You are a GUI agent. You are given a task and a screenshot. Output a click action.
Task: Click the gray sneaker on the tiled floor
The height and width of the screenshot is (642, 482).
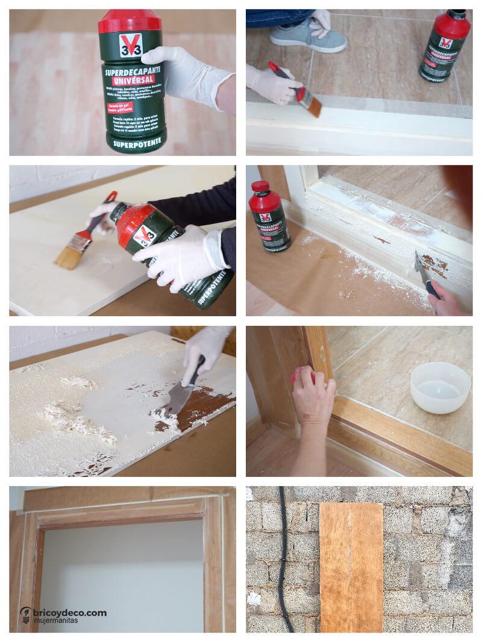coord(308,37)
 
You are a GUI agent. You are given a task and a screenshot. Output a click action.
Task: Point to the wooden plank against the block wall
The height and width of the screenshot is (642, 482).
coord(351,566)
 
